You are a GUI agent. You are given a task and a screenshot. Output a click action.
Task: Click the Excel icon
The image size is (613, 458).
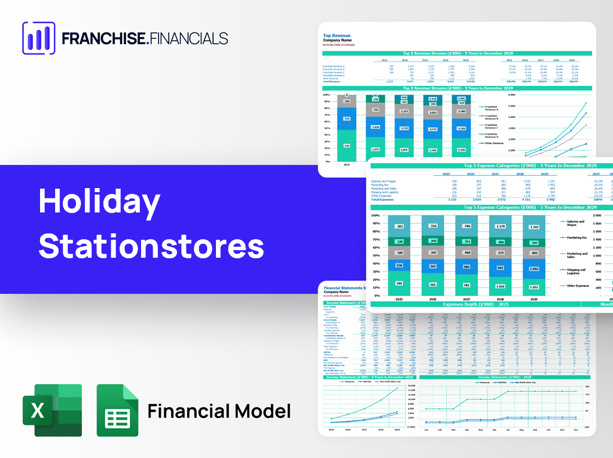[52, 410]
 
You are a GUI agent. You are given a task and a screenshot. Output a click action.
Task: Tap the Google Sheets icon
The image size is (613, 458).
[117, 410]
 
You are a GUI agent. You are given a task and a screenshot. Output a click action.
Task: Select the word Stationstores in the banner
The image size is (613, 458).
[151, 247]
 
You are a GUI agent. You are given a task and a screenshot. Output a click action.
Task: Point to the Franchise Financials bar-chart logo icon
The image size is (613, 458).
[38, 38]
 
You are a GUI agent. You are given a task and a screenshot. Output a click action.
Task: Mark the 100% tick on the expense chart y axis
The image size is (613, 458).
[375, 215]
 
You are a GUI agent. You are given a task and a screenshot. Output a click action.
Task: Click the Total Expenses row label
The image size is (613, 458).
[383, 199]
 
